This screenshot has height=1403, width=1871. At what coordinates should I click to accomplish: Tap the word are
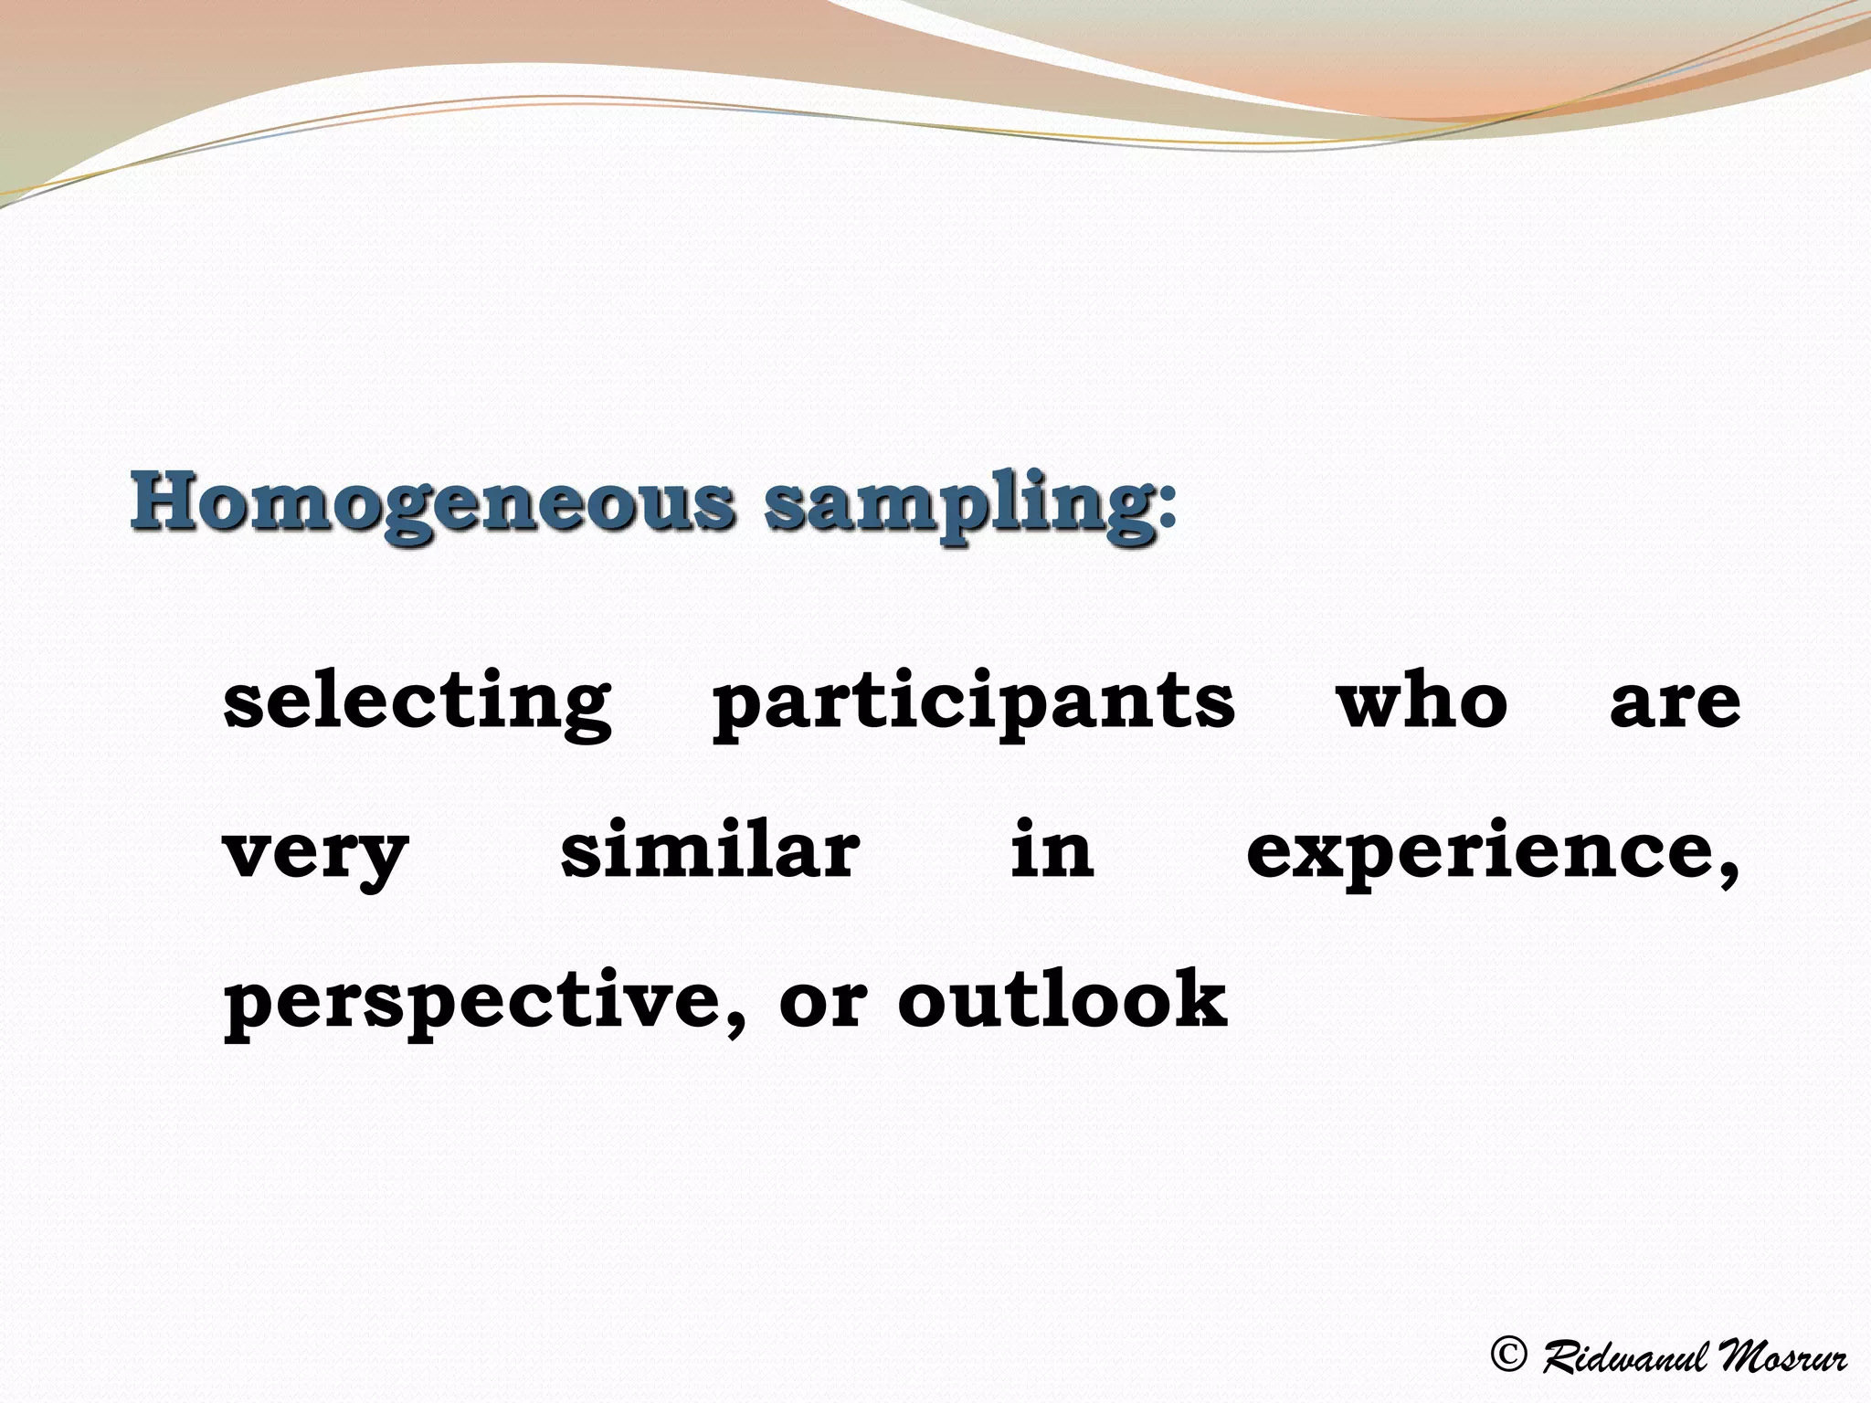click(x=1675, y=703)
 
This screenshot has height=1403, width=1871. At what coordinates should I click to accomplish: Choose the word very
click(x=315, y=855)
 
